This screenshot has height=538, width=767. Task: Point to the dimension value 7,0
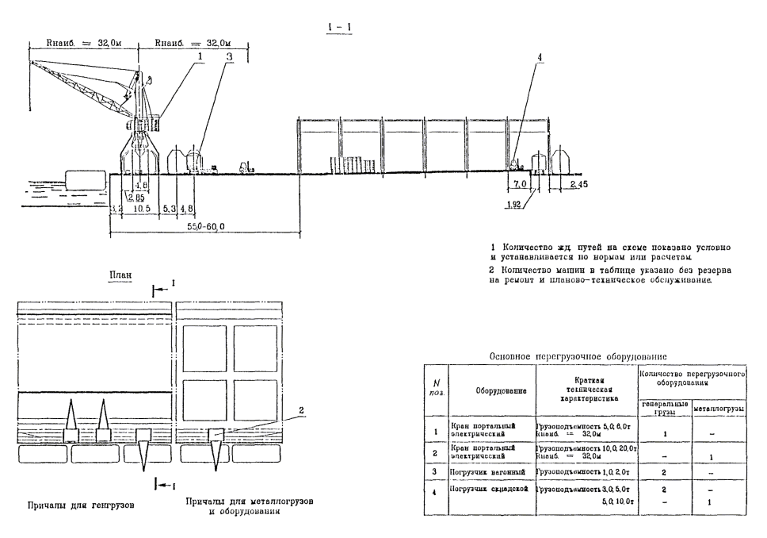pos(520,184)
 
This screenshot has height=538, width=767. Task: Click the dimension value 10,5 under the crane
pos(141,208)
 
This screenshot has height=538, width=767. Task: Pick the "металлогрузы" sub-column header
pos(718,410)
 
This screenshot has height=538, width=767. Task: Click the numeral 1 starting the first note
pos(494,247)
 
